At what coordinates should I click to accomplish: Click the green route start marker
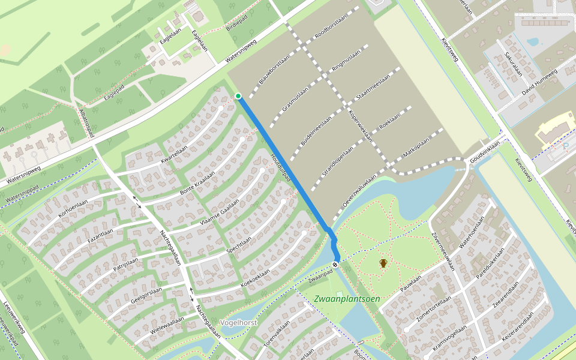tap(238, 96)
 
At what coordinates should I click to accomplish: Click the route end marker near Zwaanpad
tap(335, 263)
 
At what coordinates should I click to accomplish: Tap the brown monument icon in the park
tap(383, 263)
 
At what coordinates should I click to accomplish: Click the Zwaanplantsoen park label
tap(346, 298)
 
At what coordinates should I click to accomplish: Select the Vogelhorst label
tap(238, 322)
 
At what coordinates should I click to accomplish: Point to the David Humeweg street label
tap(539, 82)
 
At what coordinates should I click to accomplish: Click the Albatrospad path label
tap(87, 123)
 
